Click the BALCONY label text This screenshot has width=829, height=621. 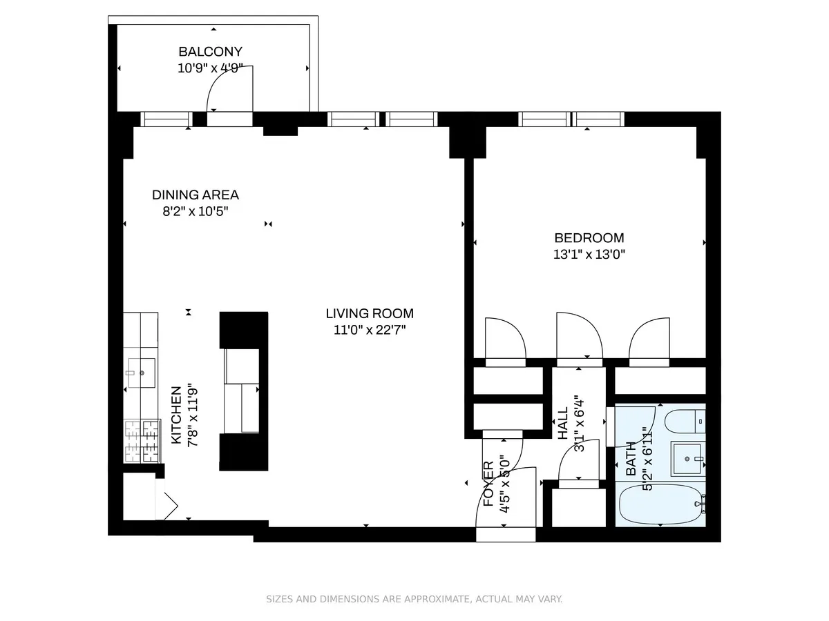pos(210,52)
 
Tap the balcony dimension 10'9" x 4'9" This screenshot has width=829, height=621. pos(210,68)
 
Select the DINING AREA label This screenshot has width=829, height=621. pos(196,195)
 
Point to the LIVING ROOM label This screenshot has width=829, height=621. pos(370,314)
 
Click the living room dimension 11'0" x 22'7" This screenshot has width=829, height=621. pos(370,331)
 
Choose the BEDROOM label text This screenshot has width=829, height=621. pos(589,237)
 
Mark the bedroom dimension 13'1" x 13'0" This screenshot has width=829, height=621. pos(589,254)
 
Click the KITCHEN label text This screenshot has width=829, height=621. pos(177,415)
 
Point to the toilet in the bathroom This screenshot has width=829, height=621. pos(685,420)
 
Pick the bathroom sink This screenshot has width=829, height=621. pos(688,459)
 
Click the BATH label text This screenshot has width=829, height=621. pos(631,459)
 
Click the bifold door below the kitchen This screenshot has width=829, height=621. pos(167,504)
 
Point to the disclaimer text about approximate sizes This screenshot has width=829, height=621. pos(414,599)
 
